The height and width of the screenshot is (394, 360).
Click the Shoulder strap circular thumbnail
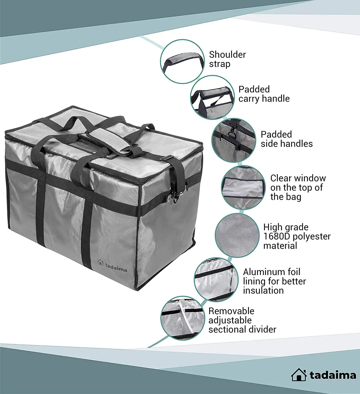click(x=182, y=61)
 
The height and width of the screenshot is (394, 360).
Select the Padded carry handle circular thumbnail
click(x=212, y=97)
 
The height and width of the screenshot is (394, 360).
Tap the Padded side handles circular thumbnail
click(x=234, y=140)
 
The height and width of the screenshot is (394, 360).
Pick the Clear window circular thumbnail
click(x=243, y=188)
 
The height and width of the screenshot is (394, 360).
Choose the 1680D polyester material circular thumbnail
click(x=237, y=235)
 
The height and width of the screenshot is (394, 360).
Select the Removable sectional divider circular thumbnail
click(x=183, y=318)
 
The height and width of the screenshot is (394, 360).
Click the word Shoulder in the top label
click(x=227, y=55)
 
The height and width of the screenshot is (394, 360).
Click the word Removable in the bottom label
click(x=231, y=311)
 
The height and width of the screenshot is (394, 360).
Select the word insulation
click(x=263, y=291)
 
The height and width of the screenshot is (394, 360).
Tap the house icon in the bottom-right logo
click(x=299, y=375)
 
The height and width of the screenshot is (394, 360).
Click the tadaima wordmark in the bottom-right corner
click(x=333, y=375)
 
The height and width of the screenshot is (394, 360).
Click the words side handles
click(x=287, y=144)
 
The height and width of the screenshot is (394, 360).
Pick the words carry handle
click(x=264, y=98)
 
